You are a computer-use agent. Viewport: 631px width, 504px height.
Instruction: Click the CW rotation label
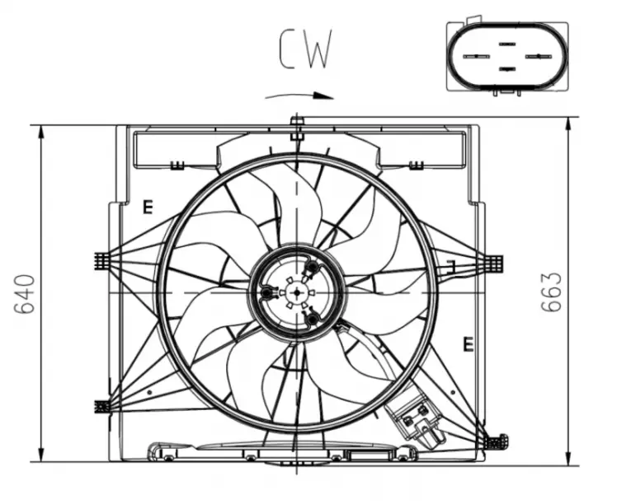tap(306, 49)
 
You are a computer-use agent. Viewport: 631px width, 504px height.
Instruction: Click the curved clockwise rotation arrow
tap(299, 96)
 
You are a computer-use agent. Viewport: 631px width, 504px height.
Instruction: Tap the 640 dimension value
tap(25, 294)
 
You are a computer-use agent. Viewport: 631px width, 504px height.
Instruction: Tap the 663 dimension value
tap(551, 292)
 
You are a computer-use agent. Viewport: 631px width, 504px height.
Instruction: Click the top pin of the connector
tap(507, 44)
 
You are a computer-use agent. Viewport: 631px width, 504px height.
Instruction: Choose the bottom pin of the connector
tap(507, 69)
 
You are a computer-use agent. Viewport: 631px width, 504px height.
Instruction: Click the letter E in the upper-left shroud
tap(148, 207)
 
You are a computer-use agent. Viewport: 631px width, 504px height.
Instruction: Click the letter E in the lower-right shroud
tap(468, 344)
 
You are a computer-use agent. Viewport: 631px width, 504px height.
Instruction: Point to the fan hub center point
tap(297, 292)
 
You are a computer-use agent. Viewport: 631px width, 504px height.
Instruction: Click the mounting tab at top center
tap(297, 128)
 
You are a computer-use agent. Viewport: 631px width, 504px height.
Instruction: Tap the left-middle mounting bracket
tap(102, 261)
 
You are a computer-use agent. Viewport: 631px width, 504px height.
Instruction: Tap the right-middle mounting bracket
tap(494, 264)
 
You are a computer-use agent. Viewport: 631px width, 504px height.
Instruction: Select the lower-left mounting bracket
tap(102, 406)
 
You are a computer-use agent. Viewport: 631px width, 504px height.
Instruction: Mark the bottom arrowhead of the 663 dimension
tap(568, 456)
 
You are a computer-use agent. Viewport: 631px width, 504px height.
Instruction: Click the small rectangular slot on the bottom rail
tap(369, 455)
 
